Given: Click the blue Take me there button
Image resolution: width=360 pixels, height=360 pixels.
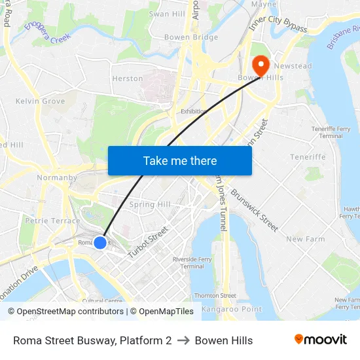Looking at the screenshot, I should coord(179,160).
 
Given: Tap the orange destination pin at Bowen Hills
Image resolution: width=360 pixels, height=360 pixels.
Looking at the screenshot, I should coord(260,65).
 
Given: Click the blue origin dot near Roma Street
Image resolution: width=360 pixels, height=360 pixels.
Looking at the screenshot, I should coord(100,243).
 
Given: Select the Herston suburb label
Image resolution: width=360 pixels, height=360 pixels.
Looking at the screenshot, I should coord(127,79).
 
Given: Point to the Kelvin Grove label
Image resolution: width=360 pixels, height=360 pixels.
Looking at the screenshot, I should coord(40,101).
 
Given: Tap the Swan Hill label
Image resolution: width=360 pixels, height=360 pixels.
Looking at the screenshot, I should coord(167,14).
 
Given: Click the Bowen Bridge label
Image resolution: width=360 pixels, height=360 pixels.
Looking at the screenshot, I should coord(191,37).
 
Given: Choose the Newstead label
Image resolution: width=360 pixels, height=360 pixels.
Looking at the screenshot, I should coord(293,66).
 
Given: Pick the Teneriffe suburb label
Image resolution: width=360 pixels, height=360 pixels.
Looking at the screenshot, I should coord(308,157).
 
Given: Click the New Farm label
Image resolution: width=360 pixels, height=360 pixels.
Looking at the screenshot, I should coord(305,239).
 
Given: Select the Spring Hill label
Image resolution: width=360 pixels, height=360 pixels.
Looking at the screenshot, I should coord(150,204).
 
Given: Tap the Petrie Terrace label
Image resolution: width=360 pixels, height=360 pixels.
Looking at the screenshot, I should coord(52,221).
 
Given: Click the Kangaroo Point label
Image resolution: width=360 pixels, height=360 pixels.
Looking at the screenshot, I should coord(232,309).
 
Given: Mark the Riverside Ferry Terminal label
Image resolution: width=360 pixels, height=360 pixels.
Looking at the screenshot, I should coord(192,262).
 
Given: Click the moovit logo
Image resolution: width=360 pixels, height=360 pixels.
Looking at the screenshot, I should coord(320,340).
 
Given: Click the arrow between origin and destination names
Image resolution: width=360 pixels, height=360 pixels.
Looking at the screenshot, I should coord(183,340).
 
